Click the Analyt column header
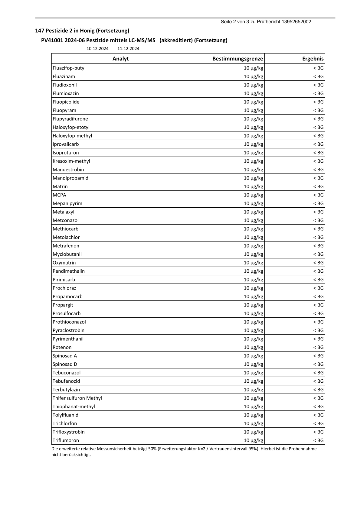coord(120,59)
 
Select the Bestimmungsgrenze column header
coord(237,59)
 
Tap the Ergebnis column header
coord(313,59)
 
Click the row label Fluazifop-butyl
coord(69,68)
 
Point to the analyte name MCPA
coord(59,195)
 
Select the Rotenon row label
coord(62,347)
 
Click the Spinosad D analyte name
coord(65,364)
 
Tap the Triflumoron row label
coord(66,440)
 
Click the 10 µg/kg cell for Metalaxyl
coord(253,212)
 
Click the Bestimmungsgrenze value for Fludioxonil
coord(253,85)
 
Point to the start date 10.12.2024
coord(97,49)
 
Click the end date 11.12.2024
coord(128,49)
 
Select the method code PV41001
coord(52,40)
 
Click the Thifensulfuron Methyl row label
coord(77,398)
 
